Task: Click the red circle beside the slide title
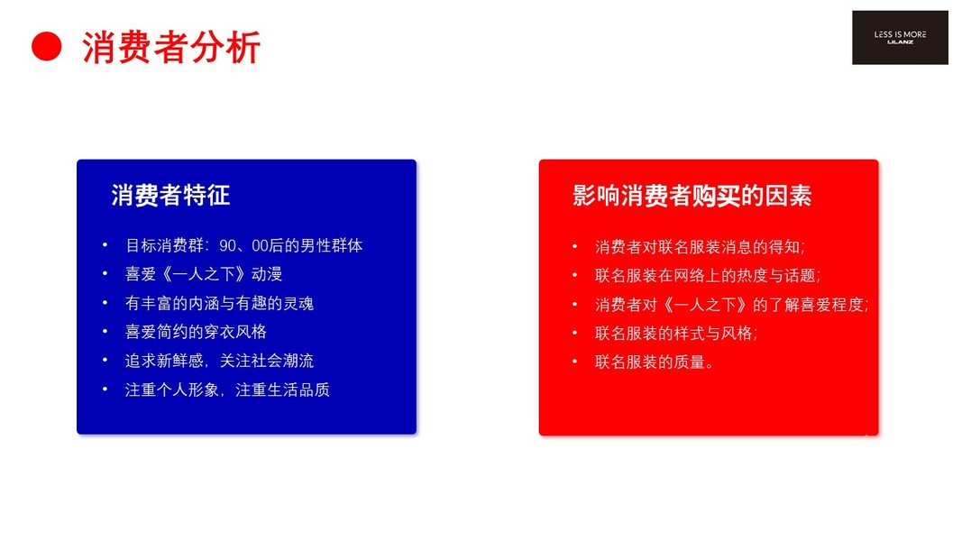point(47,47)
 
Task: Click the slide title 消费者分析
point(171,47)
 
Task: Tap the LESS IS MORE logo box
point(900,37)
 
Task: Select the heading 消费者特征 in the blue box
point(170,196)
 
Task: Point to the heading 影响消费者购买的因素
point(692,196)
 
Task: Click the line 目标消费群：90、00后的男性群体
point(244,245)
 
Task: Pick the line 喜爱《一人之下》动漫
point(204,274)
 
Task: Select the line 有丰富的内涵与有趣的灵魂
point(220,303)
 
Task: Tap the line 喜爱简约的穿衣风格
point(196,332)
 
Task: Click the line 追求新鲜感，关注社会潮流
point(220,361)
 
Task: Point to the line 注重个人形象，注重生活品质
point(227,390)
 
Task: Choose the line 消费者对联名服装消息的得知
point(700,246)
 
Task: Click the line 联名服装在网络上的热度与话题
point(708,275)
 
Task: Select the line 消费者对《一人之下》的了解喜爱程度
point(731,304)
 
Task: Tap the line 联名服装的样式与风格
point(676,333)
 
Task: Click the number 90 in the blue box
point(227,246)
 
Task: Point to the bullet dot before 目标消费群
point(105,245)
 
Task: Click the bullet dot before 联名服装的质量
point(574,362)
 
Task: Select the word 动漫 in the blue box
point(266,274)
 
